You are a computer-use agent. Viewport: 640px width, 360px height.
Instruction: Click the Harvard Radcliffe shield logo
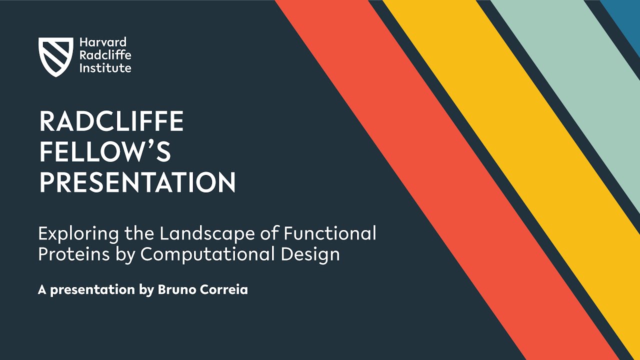[55, 56]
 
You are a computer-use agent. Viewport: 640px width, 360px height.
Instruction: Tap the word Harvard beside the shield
[103, 42]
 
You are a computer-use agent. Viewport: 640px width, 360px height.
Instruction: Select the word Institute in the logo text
[105, 68]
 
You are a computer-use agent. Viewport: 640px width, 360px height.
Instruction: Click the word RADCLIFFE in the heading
[111, 121]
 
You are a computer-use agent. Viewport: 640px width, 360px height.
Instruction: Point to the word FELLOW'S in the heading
[105, 152]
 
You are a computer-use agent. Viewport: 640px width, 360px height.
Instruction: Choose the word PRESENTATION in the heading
[137, 182]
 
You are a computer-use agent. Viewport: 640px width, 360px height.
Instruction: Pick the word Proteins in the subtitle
[70, 254]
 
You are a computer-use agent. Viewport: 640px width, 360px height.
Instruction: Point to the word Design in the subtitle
[310, 254]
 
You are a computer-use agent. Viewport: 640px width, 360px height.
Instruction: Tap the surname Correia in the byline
[225, 290]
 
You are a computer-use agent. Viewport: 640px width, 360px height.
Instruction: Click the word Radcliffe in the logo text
[105, 55]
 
